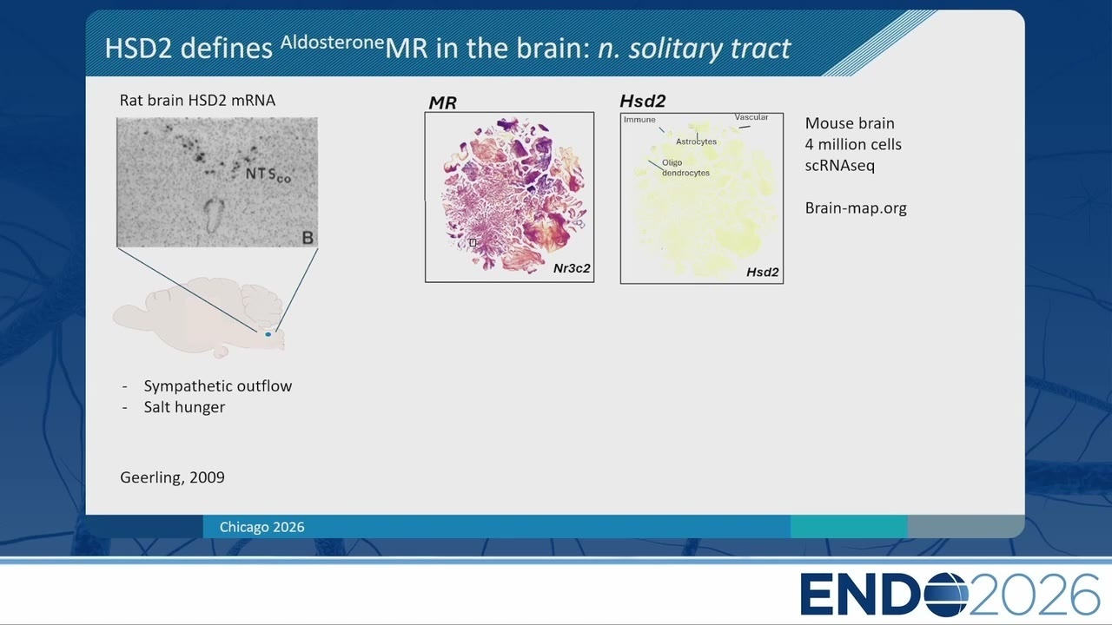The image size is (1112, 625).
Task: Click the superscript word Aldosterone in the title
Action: point(332,43)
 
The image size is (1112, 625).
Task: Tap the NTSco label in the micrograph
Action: point(268,174)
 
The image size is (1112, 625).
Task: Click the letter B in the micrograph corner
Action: point(308,238)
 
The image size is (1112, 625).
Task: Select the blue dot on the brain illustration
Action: point(268,334)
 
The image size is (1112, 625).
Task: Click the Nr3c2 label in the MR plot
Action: point(572,268)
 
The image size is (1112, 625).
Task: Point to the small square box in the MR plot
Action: point(473,242)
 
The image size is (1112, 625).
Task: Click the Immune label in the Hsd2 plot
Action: point(639,120)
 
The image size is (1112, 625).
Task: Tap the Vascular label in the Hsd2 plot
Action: point(751,117)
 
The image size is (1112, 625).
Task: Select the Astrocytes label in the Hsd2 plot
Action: point(696,141)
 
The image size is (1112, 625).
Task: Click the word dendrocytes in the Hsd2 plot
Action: point(685,173)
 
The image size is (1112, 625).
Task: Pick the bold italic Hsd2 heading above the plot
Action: point(642,102)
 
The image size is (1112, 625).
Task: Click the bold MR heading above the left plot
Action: point(442,102)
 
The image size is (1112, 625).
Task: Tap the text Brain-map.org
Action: point(856,207)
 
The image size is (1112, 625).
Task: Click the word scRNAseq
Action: point(839,165)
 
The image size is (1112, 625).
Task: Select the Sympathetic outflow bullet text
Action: point(218,386)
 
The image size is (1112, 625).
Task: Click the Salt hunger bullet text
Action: point(184,407)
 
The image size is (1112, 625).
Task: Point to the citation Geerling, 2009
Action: point(172,477)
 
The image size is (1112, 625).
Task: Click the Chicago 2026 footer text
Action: point(261,527)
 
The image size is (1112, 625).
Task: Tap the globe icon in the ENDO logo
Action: point(947,595)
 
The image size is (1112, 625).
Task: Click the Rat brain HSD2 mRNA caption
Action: point(197,100)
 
